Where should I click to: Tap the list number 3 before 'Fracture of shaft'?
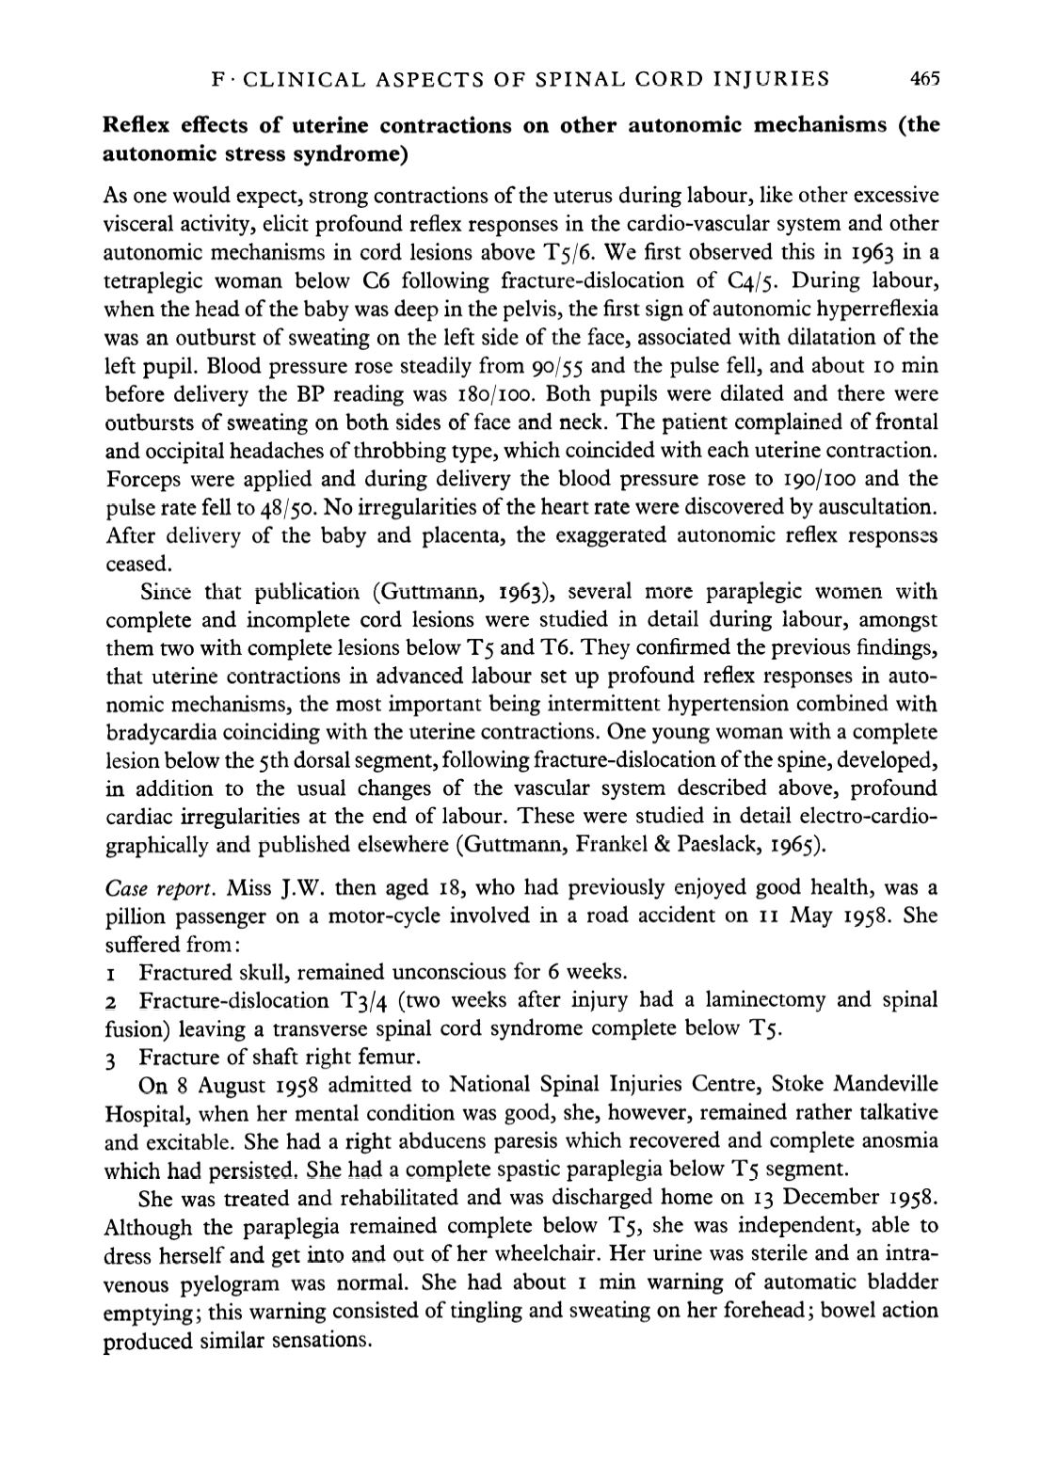110,1057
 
